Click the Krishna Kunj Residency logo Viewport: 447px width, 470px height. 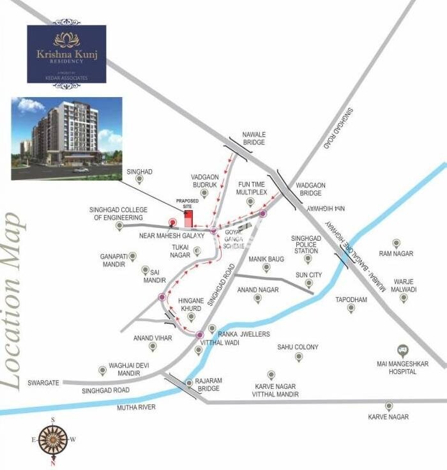(66, 54)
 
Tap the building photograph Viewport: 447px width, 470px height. (66, 138)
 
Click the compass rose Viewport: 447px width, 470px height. (53, 439)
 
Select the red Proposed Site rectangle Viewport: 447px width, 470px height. (188, 218)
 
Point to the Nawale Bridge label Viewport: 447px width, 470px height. (254, 139)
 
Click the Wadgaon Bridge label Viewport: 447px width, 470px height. (311, 190)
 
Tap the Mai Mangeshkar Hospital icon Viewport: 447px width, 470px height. (402, 350)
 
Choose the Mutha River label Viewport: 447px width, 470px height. (136, 407)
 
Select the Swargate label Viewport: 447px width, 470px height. (43, 383)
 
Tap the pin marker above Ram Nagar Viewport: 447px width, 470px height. (396, 243)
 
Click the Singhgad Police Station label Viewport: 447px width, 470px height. (306, 245)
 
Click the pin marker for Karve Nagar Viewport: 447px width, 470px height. (388, 406)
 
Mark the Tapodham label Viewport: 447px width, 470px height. (351, 298)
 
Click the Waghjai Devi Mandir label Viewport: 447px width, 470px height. (124, 369)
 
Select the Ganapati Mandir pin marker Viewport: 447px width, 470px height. (133, 256)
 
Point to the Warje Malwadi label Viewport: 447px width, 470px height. (404, 285)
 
